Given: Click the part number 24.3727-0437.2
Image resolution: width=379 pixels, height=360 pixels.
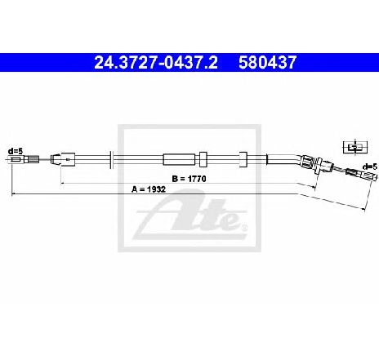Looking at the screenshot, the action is pos(156,63).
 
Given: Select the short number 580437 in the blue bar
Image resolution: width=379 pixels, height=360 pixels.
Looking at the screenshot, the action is pos(267,63).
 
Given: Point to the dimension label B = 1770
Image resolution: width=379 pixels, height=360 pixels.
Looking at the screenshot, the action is pos(189,179).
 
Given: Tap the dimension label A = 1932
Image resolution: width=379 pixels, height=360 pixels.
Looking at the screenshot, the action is pos(149,189).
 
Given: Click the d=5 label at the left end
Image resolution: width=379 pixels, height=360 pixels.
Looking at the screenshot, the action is pos(16,150).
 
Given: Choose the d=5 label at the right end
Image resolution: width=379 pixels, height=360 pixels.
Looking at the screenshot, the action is pos(370,167).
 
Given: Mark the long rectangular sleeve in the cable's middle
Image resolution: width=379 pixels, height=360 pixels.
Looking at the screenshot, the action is pos(179,159).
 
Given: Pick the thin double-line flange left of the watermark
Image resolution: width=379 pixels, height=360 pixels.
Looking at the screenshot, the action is pos(111,159).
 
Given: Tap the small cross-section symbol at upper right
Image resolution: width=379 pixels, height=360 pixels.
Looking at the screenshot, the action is pos(355,147).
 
